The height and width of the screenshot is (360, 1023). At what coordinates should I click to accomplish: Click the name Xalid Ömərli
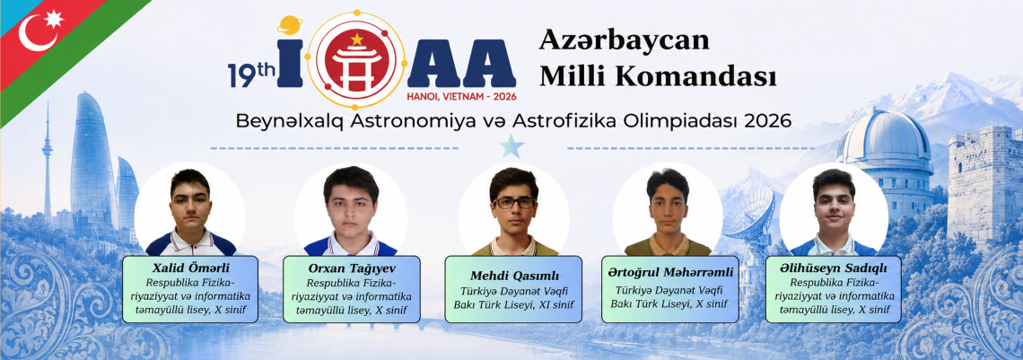(x=190, y=268)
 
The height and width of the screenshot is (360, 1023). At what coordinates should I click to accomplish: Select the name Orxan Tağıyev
(x=350, y=268)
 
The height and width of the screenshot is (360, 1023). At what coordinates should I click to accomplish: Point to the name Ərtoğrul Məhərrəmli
(x=670, y=272)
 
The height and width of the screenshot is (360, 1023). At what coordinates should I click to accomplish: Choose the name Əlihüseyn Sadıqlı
(x=833, y=268)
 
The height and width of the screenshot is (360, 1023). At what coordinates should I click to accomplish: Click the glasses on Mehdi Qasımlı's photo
(x=514, y=203)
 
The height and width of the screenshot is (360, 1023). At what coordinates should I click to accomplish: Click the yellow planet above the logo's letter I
(x=289, y=25)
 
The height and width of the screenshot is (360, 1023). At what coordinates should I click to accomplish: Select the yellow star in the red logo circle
(x=356, y=40)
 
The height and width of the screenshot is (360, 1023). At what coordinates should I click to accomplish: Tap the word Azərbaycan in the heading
(x=625, y=40)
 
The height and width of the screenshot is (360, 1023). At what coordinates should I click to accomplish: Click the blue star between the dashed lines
(x=511, y=147)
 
